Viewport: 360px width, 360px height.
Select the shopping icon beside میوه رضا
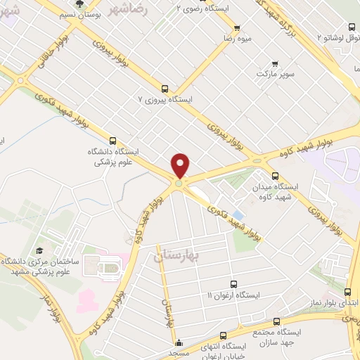[237, 29]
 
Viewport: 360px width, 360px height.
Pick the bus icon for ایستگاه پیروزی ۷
[165, 89]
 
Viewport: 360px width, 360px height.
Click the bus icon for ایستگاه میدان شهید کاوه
[275, 176]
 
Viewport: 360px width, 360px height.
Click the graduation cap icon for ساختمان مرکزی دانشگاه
[39, 250]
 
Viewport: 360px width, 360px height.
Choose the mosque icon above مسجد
[179, 343]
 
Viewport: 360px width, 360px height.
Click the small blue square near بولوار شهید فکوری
[239, 214]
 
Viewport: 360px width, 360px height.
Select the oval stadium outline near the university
[109, 267]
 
